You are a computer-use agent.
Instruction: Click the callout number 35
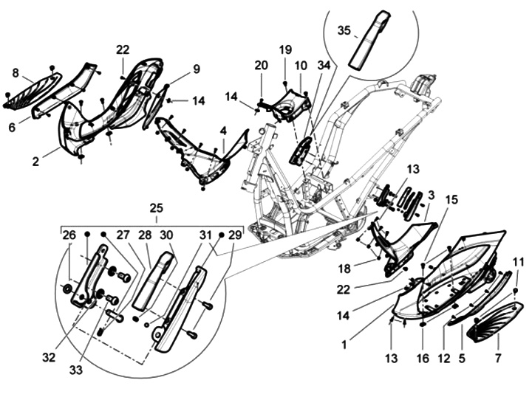[x=344, y=31]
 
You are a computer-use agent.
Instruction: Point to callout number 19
[x=285, y=49]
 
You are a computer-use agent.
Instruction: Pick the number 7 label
[x=497, y=358]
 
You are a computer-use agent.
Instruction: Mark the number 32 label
[x=50, y=358]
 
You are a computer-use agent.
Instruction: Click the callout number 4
[x=222, y=131]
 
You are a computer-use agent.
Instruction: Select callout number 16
[x=421, y=359]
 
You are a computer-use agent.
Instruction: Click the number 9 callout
[x=196, y=69]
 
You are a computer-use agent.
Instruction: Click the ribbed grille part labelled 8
[x=33, y=89]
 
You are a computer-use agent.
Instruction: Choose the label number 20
[x=261, y=65]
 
